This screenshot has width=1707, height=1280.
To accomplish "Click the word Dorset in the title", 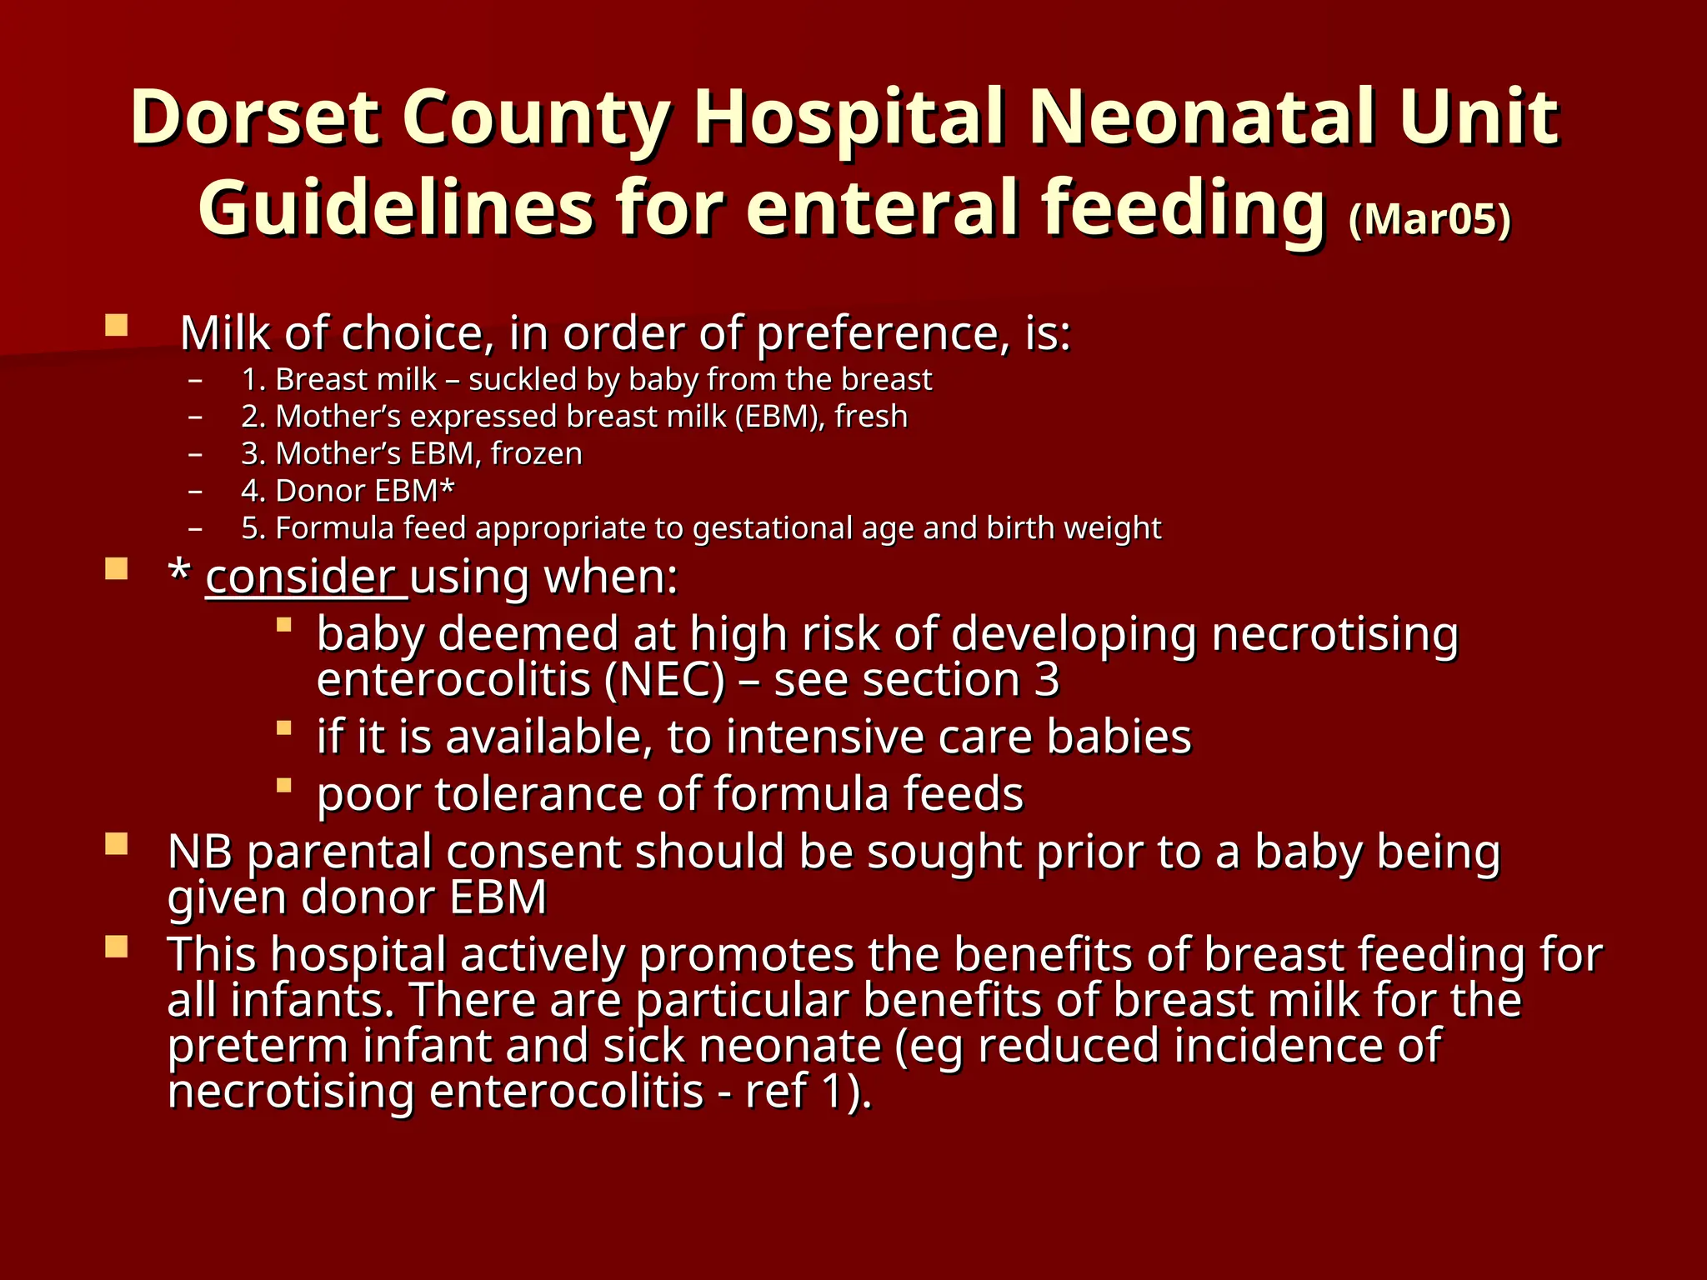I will click(255, 118).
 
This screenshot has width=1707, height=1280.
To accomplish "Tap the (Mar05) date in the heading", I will click(1429, 219).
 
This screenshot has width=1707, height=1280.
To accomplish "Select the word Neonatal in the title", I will click(1201, 118).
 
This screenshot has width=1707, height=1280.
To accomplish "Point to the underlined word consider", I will click(300, 577).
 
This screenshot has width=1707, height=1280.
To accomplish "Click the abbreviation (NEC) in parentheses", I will click(665, 680).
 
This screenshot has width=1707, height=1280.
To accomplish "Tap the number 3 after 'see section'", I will click(1047, 680).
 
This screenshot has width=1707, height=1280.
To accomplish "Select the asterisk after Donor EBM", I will click(448, 488).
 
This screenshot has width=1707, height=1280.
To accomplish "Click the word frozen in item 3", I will click(537, 454).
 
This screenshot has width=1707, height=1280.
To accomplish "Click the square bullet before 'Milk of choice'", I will click(117, 325).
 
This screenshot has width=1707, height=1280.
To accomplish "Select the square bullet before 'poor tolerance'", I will click(284, 785).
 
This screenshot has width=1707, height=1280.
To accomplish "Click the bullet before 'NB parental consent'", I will click(117, 845).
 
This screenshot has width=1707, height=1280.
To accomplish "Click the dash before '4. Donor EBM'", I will click(196, 492).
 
